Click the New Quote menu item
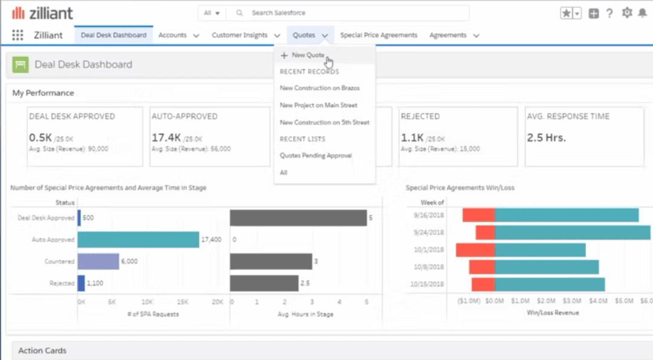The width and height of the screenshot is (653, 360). [308, 55]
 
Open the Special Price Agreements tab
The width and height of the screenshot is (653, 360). [378, 35]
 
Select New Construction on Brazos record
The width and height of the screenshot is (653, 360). [319, 88]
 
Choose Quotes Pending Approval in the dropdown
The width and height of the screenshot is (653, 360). [316, 155]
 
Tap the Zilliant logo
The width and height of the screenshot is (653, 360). [42, 13]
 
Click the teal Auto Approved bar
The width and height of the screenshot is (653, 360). [138, 240]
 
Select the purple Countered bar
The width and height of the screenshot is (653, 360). [98, 261]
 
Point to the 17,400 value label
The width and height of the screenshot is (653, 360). [211, 240]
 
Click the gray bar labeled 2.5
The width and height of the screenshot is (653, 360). [264, 283]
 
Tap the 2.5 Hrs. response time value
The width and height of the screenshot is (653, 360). [546, 137]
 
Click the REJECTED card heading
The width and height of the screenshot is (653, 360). [420, 116]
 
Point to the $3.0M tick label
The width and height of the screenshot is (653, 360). [573, 300]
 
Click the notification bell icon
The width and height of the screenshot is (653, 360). [642, 13]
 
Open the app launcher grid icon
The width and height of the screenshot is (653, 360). [18, 35]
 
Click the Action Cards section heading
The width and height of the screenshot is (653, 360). [42, 350]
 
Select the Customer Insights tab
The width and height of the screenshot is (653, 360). [239, 35]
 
